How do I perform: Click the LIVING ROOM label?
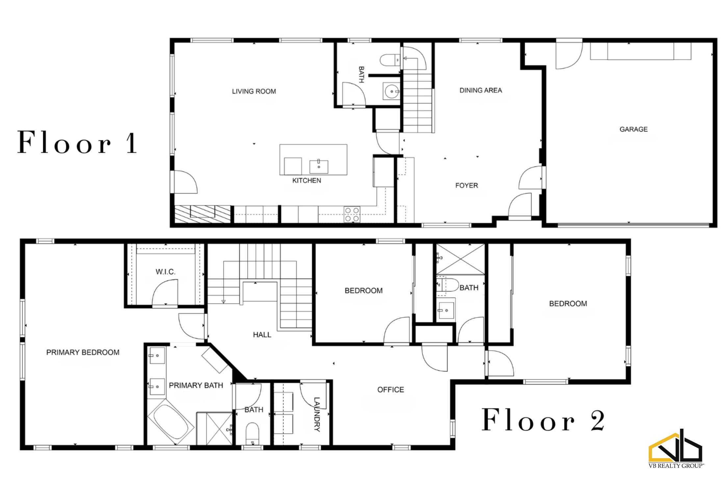coord(254,91)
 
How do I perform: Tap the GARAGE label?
coord(633,129)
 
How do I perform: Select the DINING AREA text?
coord(481,90)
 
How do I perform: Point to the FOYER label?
coord(467,186)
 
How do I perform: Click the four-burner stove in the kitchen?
coord(352,214)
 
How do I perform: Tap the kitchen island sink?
coord(319,166)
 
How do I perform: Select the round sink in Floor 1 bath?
coord(391,91)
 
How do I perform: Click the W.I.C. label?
coord(166,272)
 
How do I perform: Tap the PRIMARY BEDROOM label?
coord(83,352)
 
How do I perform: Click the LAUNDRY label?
coord(317,414)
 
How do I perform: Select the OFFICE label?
coord(391,390)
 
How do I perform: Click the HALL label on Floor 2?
coord(262,335)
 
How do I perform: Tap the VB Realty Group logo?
coord(676,448)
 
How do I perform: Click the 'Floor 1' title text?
coord(77,142)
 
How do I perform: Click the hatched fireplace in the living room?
coord(202,214)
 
